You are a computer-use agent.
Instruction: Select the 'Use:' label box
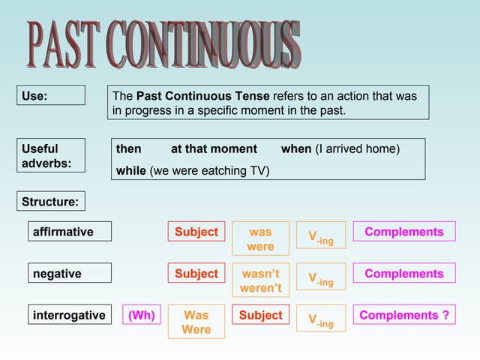click(51, 96)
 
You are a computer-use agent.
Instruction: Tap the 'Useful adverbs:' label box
click(51, 156)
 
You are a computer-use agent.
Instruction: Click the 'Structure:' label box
click(51, 202)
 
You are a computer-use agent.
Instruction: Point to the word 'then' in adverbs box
click(128, 149)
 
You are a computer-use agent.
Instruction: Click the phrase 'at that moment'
click(214, 149)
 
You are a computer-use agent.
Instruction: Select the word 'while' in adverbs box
click(131, 171)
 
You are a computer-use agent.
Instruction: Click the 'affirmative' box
click(70, 232)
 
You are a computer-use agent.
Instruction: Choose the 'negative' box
click(70, 274)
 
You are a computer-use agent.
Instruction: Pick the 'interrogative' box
click(70, 315)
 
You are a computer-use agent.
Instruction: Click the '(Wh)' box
click(141, 315)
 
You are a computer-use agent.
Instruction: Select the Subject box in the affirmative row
click(196, 232)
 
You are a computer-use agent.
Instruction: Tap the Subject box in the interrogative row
click(260, 315)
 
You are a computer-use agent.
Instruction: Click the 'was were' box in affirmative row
click(260, 239)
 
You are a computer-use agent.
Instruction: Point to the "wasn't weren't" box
click(260, 281)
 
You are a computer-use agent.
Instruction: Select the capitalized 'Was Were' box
click(196, 322)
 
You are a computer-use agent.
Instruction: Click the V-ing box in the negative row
click(321, 277)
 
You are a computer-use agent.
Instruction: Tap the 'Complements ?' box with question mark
click(404, 315)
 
